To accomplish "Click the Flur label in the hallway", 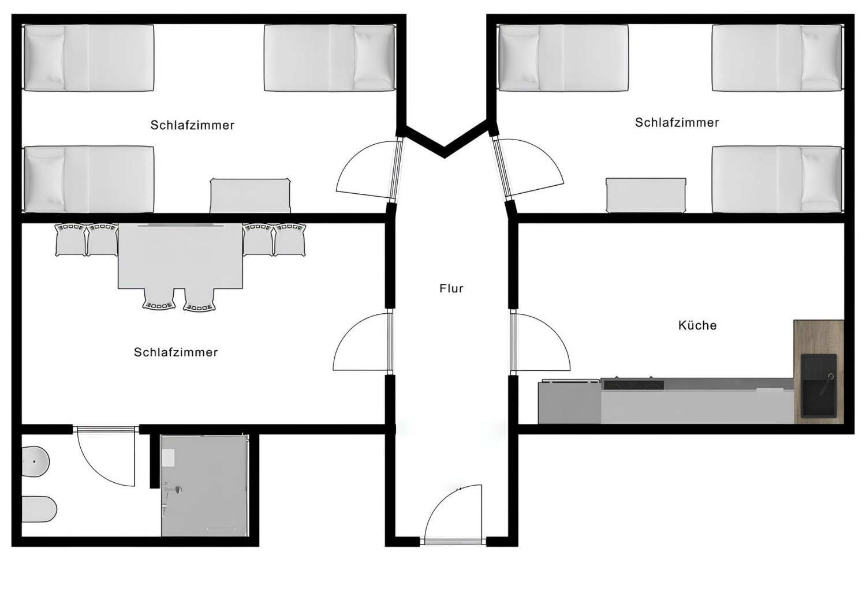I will [451, 288].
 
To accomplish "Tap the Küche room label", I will [697, 325].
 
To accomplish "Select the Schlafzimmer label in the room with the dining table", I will [176, 352].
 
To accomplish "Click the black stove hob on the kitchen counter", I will [632, 384].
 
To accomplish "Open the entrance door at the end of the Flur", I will [454, 513].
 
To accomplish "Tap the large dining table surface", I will [180, 256].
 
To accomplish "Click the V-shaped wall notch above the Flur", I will [444, 144].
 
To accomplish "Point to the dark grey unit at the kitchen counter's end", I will [569, 403].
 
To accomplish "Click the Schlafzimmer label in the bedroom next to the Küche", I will [677, 123].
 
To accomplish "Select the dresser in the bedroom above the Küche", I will [645, 196].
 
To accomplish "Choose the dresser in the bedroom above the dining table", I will [250, 196].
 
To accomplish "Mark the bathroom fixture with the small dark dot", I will [35, 462].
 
